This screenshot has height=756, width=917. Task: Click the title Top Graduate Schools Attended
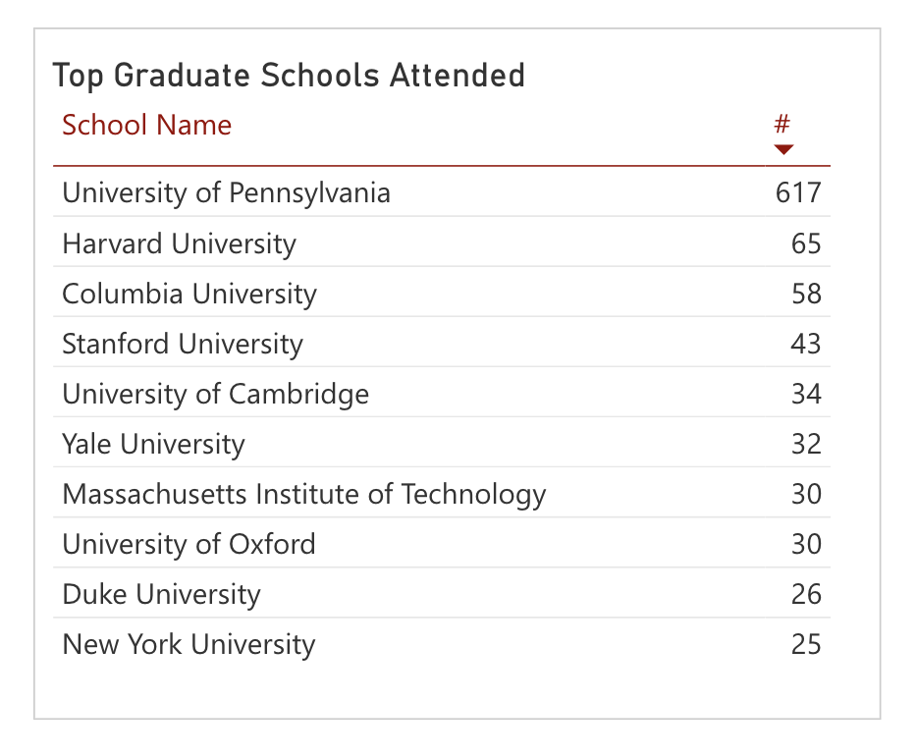tap(289, 76)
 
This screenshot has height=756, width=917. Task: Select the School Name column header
tap(147, 125)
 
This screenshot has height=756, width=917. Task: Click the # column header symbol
tap(782, 124)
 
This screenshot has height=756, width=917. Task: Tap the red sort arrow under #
tap(783, 149)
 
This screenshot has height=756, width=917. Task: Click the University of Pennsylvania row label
tap(227, 193)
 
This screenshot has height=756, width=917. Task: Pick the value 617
tap(798, 193)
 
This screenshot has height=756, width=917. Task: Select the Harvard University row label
tap(179, 243)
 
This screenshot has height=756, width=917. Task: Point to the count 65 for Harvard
tap(806, 243)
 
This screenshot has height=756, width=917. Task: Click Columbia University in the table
tap(189, 295)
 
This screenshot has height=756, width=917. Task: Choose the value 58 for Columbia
tap(806, 294)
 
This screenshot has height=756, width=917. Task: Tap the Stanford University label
tap(183, 345)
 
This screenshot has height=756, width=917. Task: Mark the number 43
tap(806, 344)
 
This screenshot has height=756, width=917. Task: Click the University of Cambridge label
tap(216, 394)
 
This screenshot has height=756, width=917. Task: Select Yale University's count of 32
tap(806, 444)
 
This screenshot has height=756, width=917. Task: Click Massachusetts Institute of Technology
tap(304, 495)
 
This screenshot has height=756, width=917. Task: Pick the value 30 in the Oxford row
tap(806, 544)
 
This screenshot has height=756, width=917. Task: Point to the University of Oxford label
tap(189, 544)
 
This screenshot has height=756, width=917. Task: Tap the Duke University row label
tap(161, 595)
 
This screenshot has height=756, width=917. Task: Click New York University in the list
tap(189, 645)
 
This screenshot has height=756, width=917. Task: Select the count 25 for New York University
tap(806, 644)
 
